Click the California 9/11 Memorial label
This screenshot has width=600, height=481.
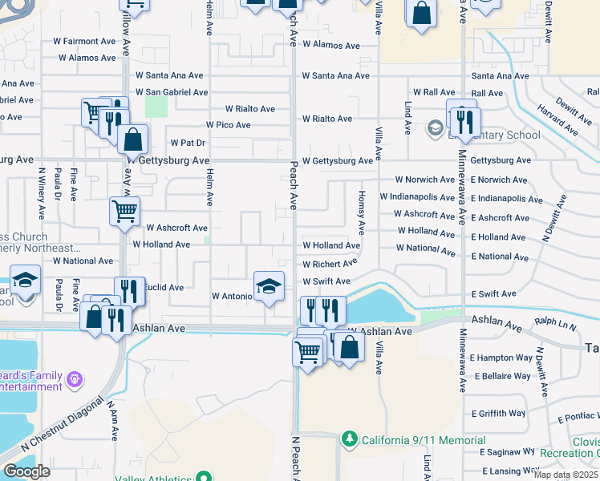click(423, 440)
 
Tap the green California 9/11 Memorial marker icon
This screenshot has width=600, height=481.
click(349, 439)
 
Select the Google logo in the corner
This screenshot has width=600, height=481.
click(26, 471)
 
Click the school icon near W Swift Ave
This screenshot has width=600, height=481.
click(269, 285)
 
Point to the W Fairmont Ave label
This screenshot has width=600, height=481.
click(87, 41)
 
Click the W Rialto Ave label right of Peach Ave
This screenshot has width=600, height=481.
click(326, 119)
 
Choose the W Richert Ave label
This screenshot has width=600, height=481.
click(330, 264)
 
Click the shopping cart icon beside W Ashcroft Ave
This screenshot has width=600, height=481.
click(124, 212)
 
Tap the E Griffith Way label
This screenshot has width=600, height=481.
click(498, 414)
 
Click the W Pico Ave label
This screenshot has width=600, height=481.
click(228, 125)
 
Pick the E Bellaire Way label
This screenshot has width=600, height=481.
click(503, 375)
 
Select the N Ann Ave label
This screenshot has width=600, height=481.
click(113, 415)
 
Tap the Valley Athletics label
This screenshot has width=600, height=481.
click(154, 479)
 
